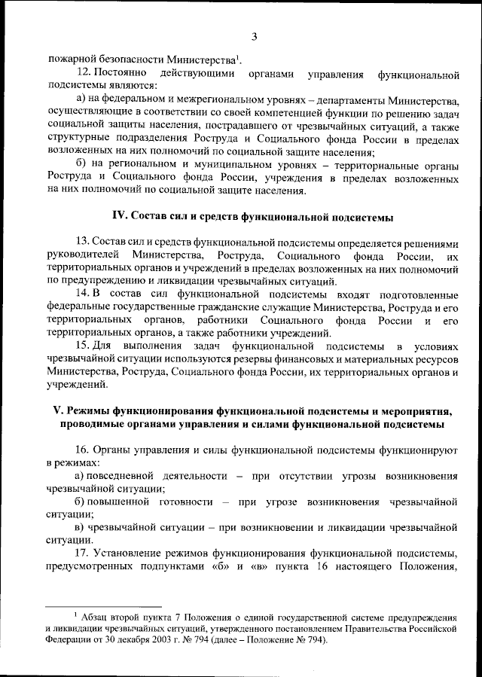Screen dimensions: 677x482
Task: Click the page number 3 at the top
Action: pyautogui.click(x=255, y=36)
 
